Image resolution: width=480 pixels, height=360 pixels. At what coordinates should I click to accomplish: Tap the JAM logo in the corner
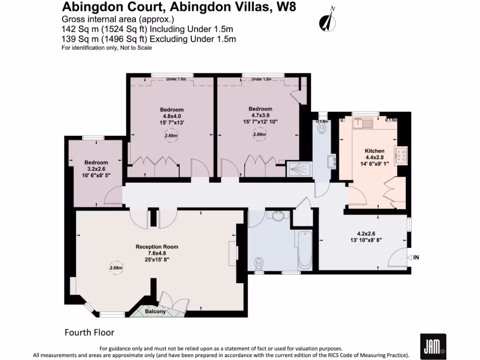coord(433,346)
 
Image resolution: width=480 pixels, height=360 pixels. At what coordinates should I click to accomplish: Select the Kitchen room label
coord(374,151)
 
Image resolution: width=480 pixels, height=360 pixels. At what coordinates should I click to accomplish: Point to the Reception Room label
coord(157,247)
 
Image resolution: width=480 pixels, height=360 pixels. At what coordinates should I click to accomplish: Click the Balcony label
coord(155,312)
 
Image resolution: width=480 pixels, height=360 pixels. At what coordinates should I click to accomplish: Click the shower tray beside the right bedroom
coord(298,168)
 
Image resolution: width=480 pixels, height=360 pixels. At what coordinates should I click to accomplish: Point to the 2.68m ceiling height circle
coord(116,268)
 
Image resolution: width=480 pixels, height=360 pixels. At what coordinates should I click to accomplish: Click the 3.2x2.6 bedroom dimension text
coord(96,169)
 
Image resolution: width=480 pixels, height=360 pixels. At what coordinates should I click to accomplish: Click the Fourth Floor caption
coord(89,333)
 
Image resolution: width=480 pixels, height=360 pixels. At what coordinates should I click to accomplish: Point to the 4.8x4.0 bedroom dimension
coord(172,116)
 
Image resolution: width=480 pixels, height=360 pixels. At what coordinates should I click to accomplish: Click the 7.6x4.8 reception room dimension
coord(157,253)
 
